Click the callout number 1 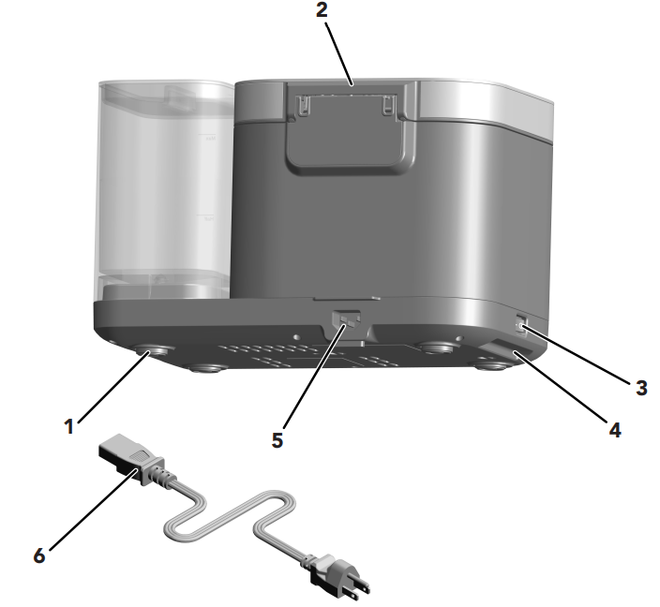[x=69, y=426]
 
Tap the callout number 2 [x=322, y=9]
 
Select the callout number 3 [x=640, y=388]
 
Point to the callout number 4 [x=615, y=430]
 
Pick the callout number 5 [x=277, y=440]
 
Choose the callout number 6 [x=39, y=555]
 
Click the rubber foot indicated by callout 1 [x=150, y=349]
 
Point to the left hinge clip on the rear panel [x=301, y=104]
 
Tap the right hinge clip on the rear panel [x=388, y=104]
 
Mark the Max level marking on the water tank [x=210, y=139]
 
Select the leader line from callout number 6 [x=93, y=509]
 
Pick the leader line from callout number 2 [x=339, y=53]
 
